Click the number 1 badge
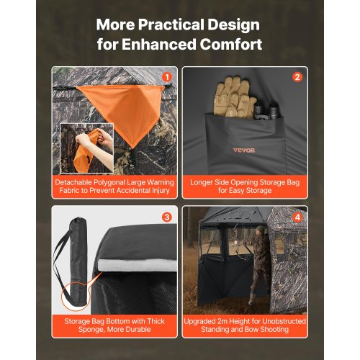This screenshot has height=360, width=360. pyautogui.click(x=167, y=76)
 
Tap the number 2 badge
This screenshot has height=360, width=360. pyautogui.click(x=297, y=76)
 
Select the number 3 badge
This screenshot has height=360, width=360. pyautogui.click(x=167, y=216)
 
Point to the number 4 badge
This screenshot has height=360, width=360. pyautogui.click(x=297, y=216)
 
